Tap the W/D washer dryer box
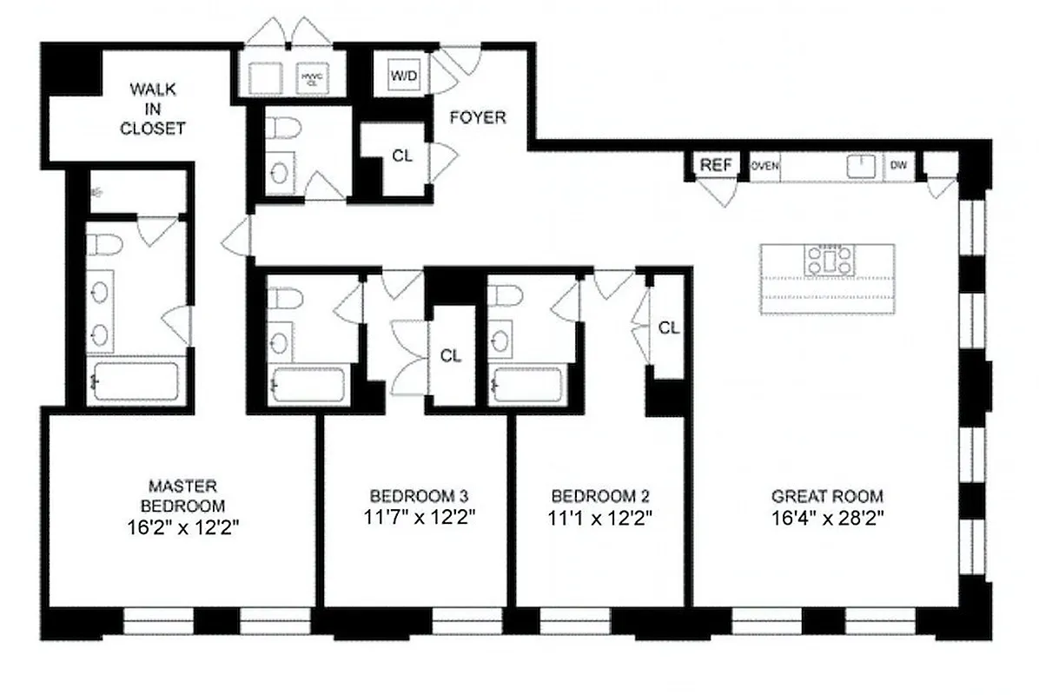click(x=403, y=76)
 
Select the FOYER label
click(x=477, y=117)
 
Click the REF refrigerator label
click(x=717, y=165)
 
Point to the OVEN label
click(x=764, y=165)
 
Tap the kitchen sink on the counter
click(x=861, y=165)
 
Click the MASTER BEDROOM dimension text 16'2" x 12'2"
click(x=182, y=526)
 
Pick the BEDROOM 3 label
click(x=420, y=497)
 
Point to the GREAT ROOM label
click(x=827, y=497)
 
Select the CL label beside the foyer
click(x=401, y=156)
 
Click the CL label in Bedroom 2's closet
click(x=668, y=328)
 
